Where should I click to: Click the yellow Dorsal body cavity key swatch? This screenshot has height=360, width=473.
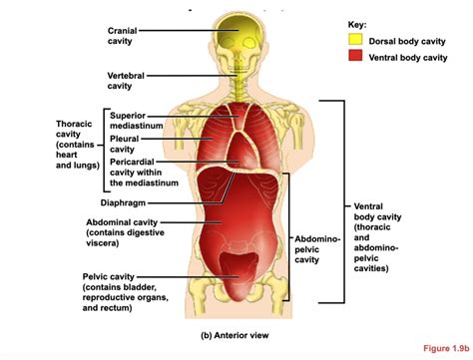(x=356, y=41)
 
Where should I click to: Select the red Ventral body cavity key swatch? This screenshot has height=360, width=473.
(x=356, y=58)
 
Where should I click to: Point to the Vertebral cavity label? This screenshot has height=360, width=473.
(x=124, y=79)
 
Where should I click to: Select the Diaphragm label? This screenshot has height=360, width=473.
(x=124, y=201)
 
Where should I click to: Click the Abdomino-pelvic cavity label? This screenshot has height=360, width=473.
(x=318, y=249)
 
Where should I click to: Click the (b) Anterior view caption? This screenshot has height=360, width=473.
(x=236, y=335)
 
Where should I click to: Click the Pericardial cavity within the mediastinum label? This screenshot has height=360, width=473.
(x=144, y=172)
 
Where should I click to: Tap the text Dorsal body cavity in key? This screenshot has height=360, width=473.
(x=408, y=41)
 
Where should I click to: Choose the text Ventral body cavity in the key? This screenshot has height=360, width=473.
(x=409, y=58)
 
